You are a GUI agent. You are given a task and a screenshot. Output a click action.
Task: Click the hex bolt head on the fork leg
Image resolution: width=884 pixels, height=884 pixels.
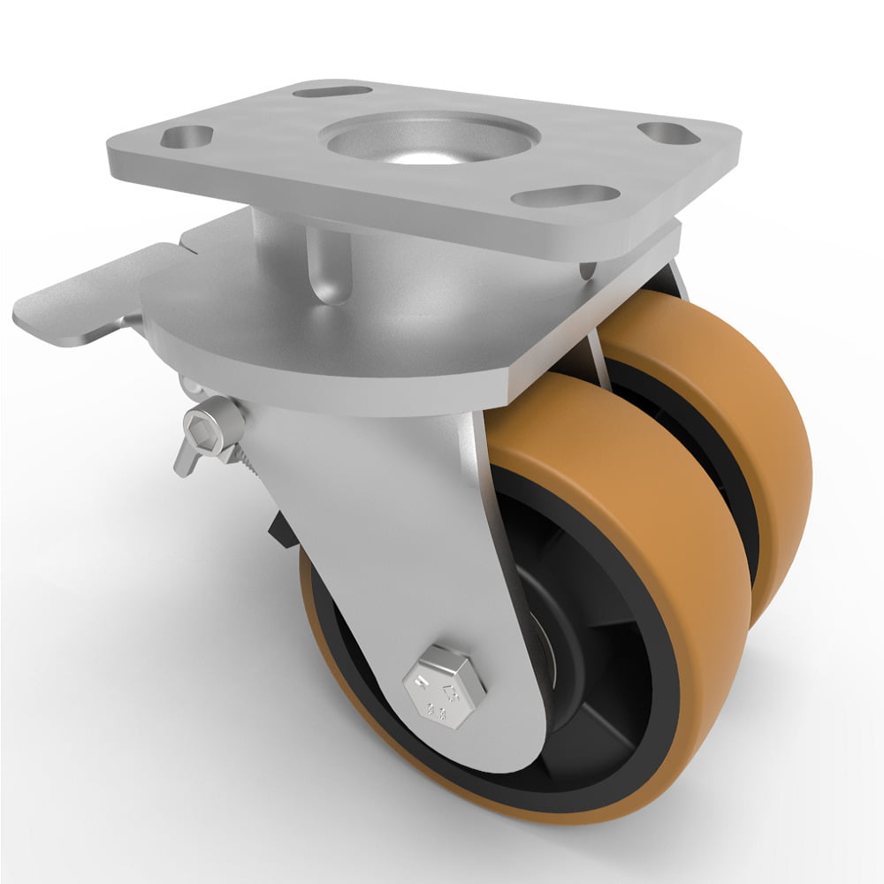tap(444, 686)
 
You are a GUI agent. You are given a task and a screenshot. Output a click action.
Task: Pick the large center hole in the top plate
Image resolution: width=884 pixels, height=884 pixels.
tap(431, 139)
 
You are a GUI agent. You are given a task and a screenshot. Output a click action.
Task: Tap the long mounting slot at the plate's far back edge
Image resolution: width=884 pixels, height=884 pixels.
tap(331, 91)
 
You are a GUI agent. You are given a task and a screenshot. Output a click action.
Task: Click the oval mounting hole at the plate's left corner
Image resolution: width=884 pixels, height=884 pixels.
tap(187, 137)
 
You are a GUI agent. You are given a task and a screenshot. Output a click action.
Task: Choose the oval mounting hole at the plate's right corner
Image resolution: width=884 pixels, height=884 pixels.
tap(668, 133)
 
